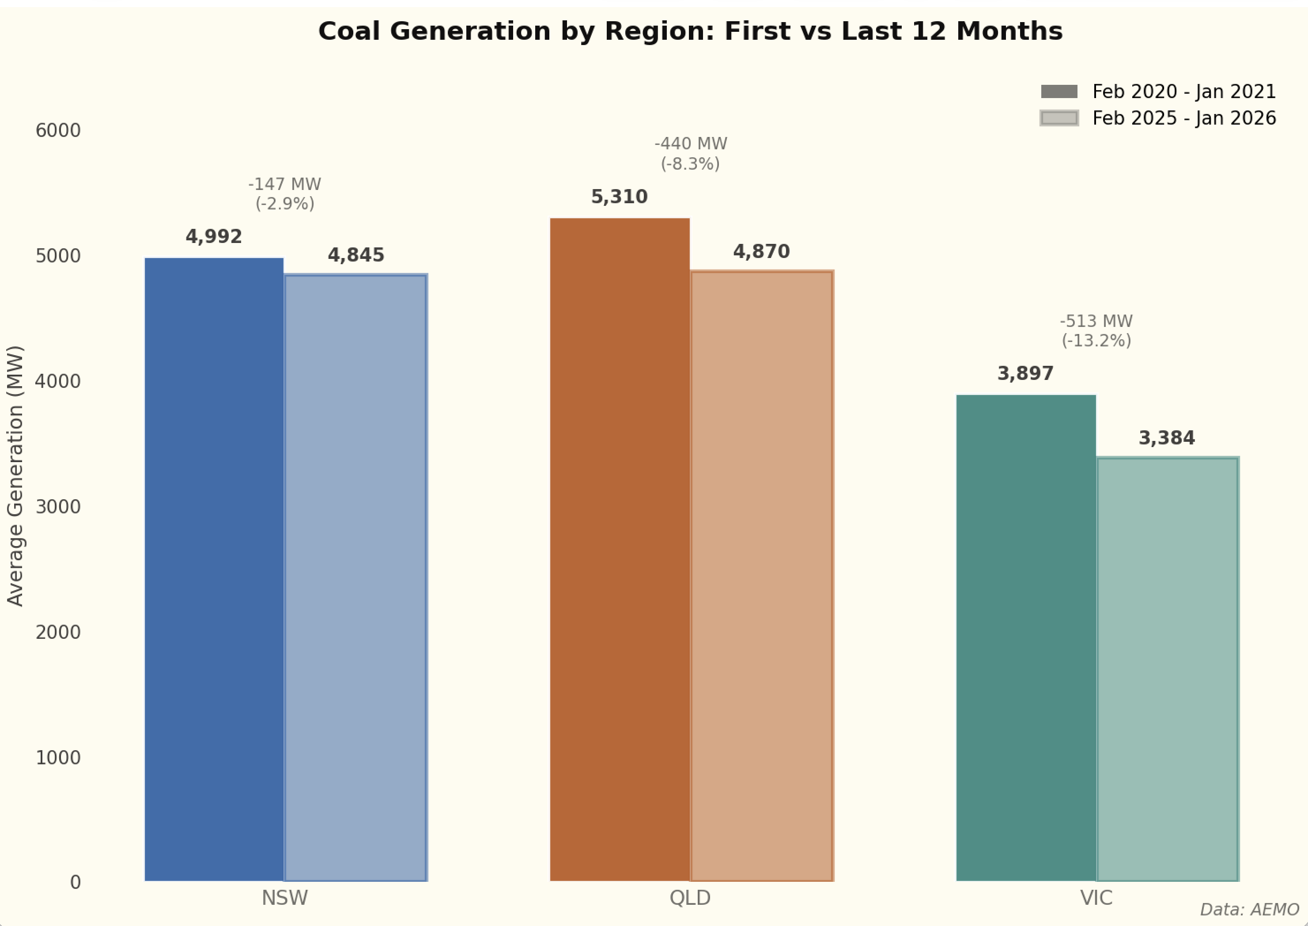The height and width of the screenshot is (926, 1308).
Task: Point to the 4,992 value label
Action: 214,237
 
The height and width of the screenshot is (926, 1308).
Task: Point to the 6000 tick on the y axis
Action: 58,131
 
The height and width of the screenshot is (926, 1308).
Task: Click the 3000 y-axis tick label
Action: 58,507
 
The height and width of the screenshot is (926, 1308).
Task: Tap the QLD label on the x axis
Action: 690,898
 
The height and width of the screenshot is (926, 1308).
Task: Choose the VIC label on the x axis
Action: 1096,898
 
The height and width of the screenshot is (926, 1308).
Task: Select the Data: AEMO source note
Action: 1249,910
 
